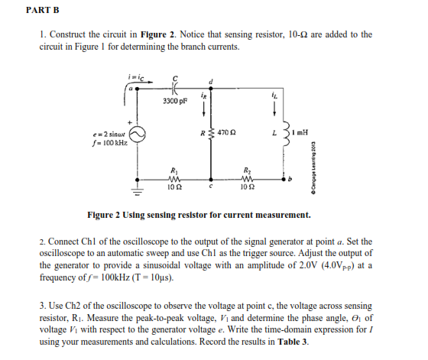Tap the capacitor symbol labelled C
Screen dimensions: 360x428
coord(177,85)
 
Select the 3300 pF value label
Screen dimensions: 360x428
coord(176,101)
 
